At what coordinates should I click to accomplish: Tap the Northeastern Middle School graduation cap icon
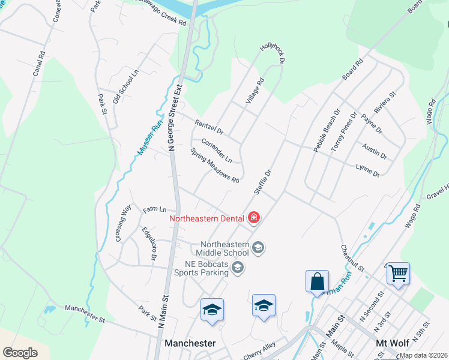(259, 247)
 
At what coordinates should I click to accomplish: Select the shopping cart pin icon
(398, 274)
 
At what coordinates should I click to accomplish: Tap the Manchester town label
(190, 343)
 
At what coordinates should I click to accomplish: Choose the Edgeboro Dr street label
(149, 243)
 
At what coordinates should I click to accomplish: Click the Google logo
(20, 353)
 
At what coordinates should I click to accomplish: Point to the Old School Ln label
(125, 88)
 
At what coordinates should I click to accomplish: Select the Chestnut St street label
(352, 256)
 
